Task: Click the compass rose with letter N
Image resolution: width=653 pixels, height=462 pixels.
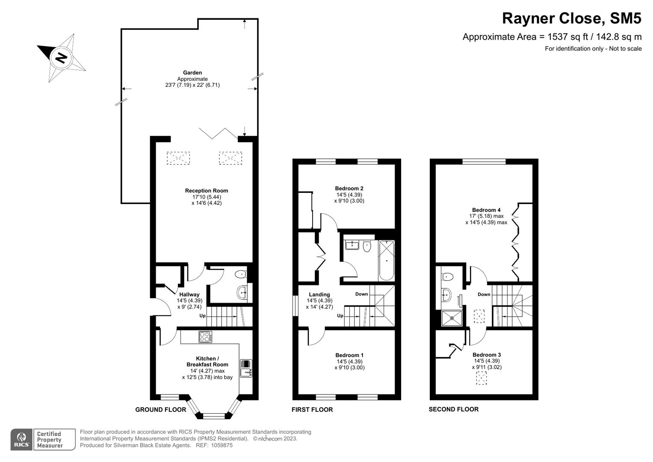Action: coord(62,57)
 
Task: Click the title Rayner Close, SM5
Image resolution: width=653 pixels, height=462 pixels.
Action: coord(571,18)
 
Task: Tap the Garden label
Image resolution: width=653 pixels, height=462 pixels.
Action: coord(192,73)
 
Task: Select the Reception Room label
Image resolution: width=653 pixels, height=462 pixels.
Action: coord(207,191)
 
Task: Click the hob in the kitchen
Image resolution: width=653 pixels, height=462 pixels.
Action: coord(205,337)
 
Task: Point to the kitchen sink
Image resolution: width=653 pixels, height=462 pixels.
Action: coord(246,368)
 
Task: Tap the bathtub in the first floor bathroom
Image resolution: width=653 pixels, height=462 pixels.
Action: coord(387,260)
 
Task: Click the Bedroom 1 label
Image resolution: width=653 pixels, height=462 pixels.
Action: coord(349,355)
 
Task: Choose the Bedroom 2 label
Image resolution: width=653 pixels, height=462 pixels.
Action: coord(349,188)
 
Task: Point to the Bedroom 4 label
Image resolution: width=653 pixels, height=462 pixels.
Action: coord(486,210)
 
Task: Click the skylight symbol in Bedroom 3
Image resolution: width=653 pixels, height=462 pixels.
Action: coord(482,378)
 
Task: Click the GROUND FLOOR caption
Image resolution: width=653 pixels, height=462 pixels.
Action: coord(161,410)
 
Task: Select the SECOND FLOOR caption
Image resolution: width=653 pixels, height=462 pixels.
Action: coord(454,409)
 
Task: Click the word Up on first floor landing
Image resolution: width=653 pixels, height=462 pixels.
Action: coord(340,316)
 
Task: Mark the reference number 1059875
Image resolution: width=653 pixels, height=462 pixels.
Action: coord(220,445)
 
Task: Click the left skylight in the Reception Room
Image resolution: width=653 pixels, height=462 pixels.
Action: coord(178,158)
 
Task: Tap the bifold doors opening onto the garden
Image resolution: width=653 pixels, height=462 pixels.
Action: coord(218,133)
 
